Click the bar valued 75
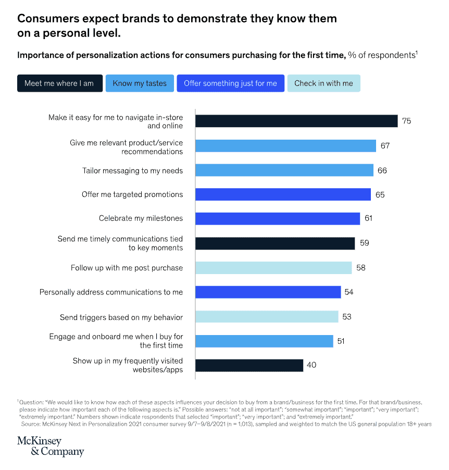tap(296, 121)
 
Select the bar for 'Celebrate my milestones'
tap(278, 218)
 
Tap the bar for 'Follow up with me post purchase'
tap(273, 268)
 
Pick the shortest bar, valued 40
tap(249, 365)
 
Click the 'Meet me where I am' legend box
tap(59, 83)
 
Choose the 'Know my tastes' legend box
tap(140, 83)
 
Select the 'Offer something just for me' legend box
tap(230, 83)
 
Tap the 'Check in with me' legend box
tap(323, 83)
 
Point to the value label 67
tap(385, 146)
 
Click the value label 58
tap(361, 268)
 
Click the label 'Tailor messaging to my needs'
tap(132, 170)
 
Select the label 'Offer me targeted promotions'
tap(132, 194)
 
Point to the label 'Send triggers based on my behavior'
tap(121, 317)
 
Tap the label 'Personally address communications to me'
tap(111, 292)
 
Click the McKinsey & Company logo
tap(51, 446)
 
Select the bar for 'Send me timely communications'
tap(275, 243)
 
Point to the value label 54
tap(349, 292)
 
